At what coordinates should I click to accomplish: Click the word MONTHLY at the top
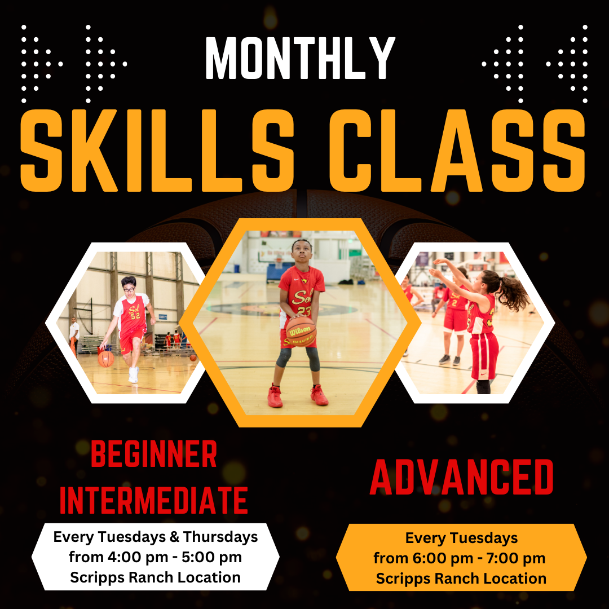300,58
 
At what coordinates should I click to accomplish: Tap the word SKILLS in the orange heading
157,151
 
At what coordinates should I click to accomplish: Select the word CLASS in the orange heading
457,151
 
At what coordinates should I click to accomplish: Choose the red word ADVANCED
461,477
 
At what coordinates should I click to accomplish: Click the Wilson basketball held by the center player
301,332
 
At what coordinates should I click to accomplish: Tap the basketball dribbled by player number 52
105,359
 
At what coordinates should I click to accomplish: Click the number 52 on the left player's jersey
135,316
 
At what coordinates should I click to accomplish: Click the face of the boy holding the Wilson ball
302,252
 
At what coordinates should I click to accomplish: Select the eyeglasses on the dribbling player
129,289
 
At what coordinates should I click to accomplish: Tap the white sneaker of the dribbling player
133,375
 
